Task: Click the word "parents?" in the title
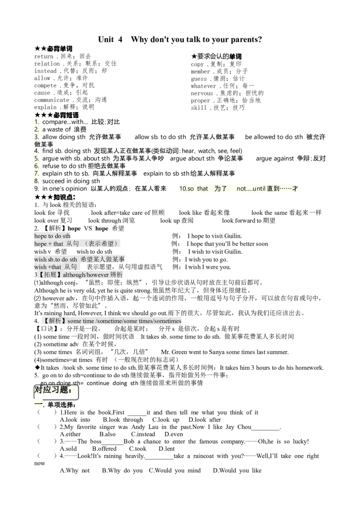click(246, 40)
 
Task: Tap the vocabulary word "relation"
click(47, 64)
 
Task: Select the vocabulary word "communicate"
click(52, 100)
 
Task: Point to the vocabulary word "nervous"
click(202, 93)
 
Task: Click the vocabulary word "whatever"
click(203, 86)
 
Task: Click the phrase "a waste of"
click(56, 129)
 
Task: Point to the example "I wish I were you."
click(208, 267)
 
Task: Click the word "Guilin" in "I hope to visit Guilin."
click(233, 236)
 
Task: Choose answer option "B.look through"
click(123, 420)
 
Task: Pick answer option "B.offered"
click(104, 449)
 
